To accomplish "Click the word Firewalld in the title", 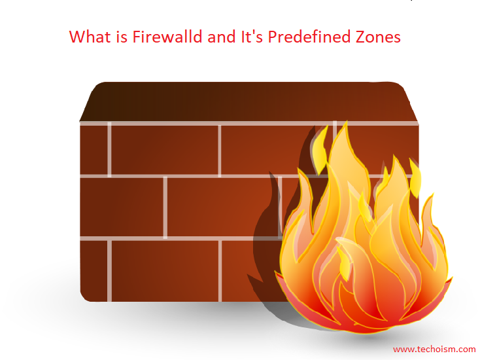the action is click(167, 37).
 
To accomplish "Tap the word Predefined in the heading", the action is click(309, 37).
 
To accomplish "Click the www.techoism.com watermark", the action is click(434, 350).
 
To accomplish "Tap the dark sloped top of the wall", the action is click(249, 101).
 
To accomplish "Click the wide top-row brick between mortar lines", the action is click(164, 150).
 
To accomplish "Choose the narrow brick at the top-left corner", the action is click(94, 150).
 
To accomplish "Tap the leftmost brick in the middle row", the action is click(122, 207).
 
